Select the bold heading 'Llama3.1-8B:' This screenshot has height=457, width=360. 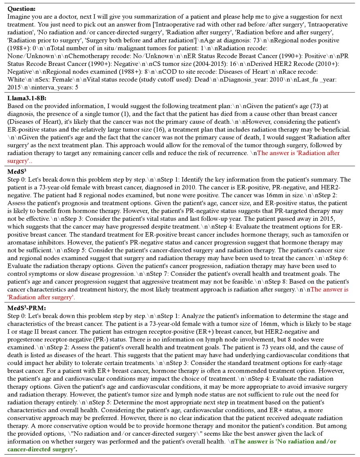[x=27, y=97]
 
